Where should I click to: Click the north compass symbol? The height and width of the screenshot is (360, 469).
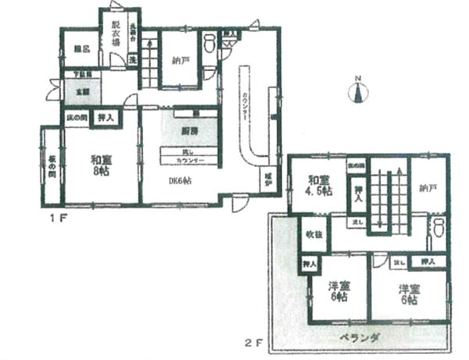point(357,91)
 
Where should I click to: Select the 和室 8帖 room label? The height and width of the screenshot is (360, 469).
point(99,166)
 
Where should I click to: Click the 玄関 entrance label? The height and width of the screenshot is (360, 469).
point(81,90)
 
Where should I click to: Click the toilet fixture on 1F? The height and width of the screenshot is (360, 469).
point(209,44)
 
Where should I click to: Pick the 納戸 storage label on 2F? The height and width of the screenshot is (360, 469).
point(426,187)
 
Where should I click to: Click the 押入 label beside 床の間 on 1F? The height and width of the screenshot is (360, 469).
point(105,118)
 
